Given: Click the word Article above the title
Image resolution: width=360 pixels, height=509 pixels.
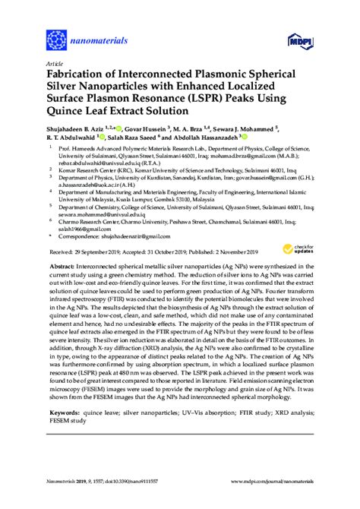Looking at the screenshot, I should coord(54,62).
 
